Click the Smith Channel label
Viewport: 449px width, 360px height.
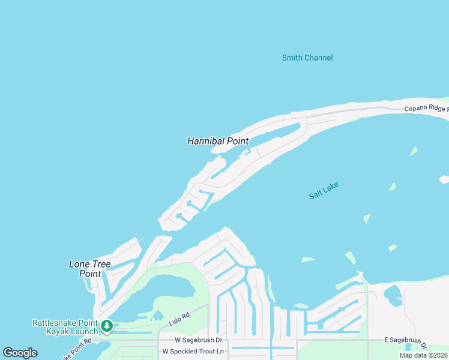[307, 58]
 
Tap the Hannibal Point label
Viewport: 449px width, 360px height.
[218, 141]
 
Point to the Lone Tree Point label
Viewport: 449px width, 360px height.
[85, 269]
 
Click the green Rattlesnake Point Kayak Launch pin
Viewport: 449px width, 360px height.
[107, 326]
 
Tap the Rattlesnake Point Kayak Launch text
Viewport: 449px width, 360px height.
[64, 327]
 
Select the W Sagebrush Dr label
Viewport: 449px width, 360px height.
[198, 340]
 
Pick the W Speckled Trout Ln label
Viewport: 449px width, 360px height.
[193, 351]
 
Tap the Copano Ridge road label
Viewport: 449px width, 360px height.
[426, 109]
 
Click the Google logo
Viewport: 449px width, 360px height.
[20, 353]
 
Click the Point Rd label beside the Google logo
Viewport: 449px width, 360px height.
[76, 348]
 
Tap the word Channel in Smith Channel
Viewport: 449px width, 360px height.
[319, 58]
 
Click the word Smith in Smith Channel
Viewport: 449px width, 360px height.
[292, 58]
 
